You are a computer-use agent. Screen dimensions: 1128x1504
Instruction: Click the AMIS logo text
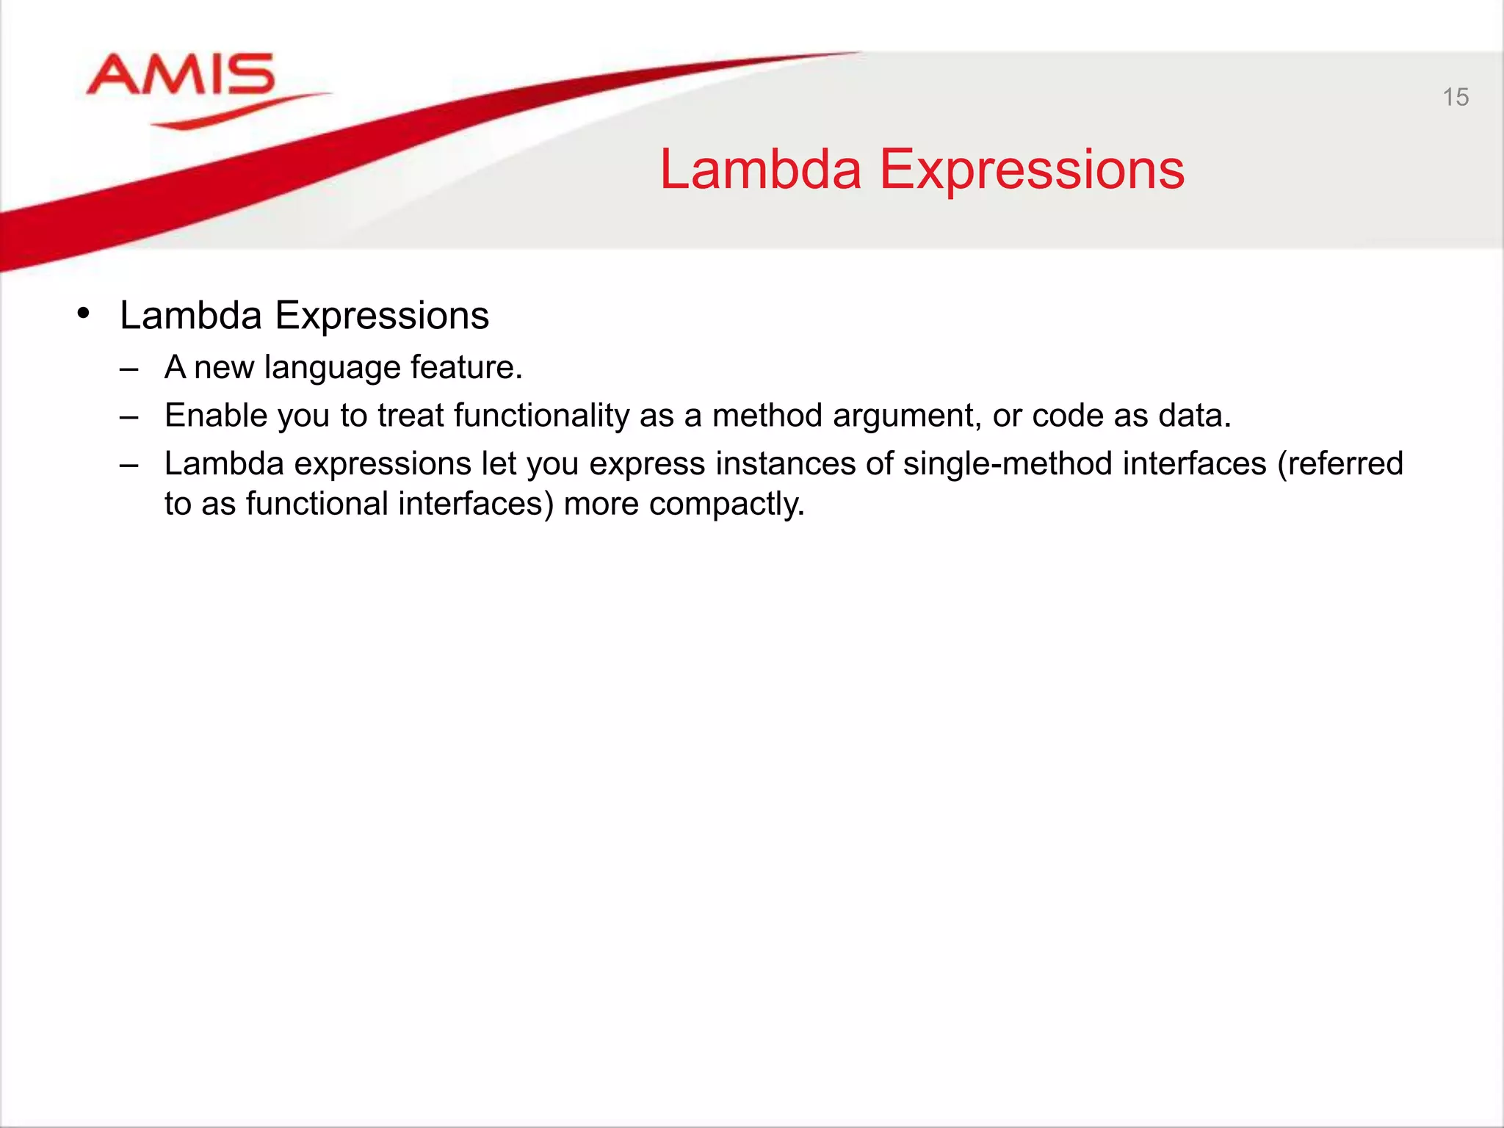(x=181, y=75)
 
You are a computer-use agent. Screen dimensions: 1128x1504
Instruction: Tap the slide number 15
(x=1455, y=98)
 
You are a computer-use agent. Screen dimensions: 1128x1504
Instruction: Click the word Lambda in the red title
(x=760, y=170)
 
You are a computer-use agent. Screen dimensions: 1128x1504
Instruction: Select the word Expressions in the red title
(x=1031, y=170)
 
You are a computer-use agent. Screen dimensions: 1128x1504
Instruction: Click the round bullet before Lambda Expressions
(x=84, y=314)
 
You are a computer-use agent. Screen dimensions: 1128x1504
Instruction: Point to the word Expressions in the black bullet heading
(x=381, y=317)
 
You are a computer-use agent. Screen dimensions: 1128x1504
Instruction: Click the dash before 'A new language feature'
(x=129, y=369)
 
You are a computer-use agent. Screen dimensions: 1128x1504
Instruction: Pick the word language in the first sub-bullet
(x=332, y=368)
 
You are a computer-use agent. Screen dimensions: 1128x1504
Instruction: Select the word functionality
(x=541, y=416)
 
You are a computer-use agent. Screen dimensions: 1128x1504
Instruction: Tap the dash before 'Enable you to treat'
(x=129, y=417)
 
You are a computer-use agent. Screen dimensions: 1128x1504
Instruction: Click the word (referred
(x=1340, y=464)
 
